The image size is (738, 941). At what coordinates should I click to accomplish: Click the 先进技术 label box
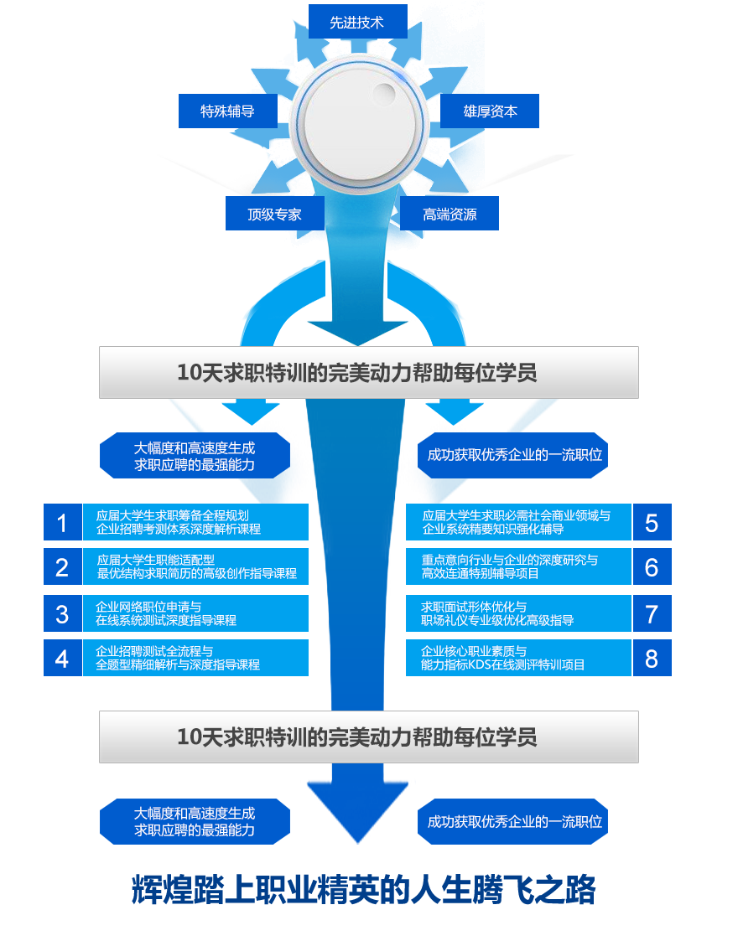point(357,22)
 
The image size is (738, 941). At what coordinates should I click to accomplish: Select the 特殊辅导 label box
point(227,111)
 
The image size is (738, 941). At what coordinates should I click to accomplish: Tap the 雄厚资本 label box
point(490,111)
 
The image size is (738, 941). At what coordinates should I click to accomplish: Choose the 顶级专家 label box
point(274,214)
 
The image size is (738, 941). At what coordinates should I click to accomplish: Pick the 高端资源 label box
point(450,214)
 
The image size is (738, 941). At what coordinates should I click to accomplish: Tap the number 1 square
point(62,522)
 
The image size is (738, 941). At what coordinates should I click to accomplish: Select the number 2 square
point(62,567)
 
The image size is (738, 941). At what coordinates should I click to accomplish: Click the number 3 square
point(62,613)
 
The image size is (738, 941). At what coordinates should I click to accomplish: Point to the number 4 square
point(62,658)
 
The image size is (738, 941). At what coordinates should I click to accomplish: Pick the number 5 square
point(652,522)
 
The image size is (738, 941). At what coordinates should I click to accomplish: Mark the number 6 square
point(652,567)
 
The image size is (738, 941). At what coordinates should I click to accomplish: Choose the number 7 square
point(652,613)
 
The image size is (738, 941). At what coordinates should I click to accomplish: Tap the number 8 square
point(652,658)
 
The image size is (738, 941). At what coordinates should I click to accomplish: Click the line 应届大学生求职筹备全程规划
point(172,515)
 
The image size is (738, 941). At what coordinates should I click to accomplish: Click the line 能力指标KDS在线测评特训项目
point(502,665)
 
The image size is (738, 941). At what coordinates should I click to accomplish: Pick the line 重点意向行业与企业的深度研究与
point(509,560)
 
